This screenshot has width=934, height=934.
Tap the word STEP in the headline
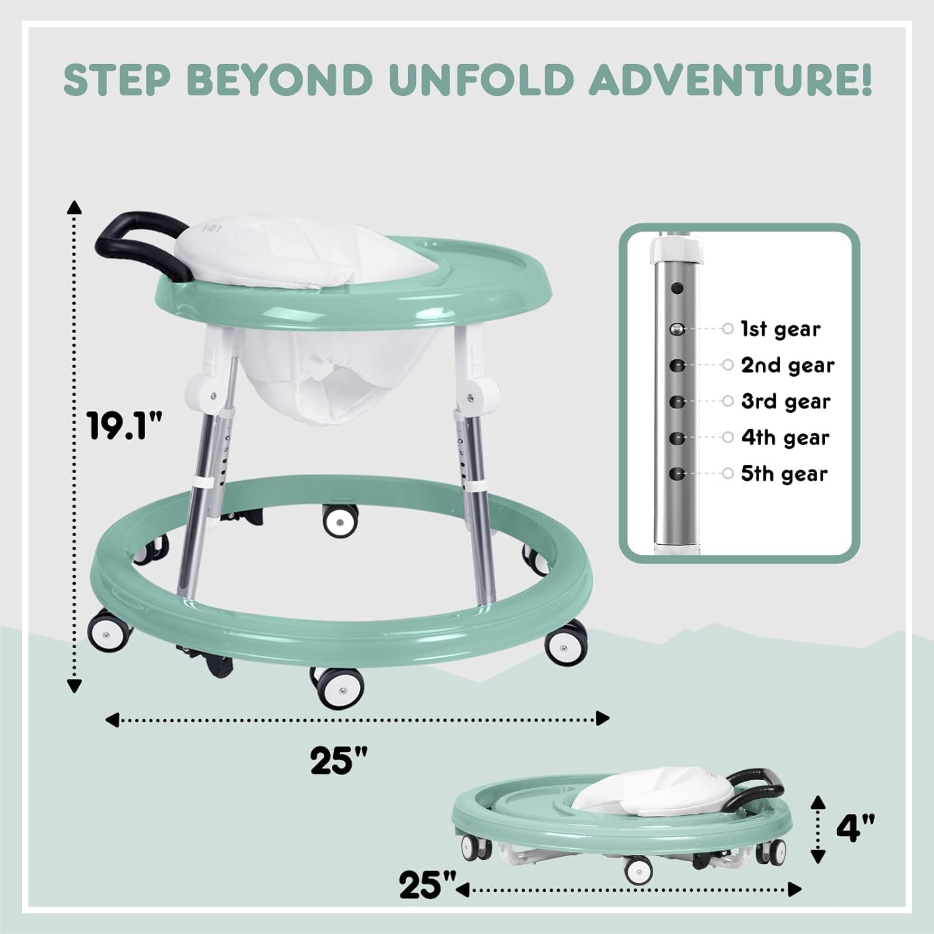click(x=116, y=79)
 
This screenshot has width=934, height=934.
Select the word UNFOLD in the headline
click(x=479, y=79)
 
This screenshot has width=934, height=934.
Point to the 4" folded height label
click(x=855, y=828)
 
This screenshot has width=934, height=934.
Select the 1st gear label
click(x=780, y=329)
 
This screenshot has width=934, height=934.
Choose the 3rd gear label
click(x=786, y=402)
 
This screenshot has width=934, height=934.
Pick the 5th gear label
click(x=784, y=474)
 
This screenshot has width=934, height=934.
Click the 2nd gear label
click(x=788, y=366)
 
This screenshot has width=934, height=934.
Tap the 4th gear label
click(x=785, y=438)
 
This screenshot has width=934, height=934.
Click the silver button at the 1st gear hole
click(x=677, y=328)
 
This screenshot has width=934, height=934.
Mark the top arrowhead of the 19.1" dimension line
click(x=75, y=208)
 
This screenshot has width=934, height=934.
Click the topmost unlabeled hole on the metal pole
click(x=677, y=288)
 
